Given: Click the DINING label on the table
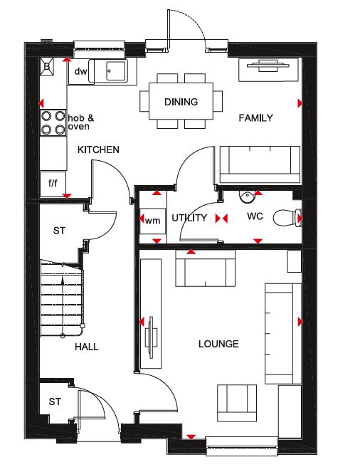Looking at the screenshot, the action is point(181,102).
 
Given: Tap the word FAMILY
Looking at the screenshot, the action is point(255,117).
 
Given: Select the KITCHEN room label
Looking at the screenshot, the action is point(98,150).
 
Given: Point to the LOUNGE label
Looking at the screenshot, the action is point(218,344).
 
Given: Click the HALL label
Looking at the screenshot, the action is point(87,347).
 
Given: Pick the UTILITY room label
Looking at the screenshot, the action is point(189,218).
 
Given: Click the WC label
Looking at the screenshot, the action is point(255,216).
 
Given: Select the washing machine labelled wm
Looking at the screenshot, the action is point(152,221).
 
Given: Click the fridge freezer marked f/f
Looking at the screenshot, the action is point(53,184).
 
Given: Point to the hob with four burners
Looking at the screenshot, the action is point(53,123).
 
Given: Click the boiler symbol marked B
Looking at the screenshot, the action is point(47,66).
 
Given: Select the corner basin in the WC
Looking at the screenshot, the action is point(247,196).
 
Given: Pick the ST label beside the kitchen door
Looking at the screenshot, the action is point(59,231).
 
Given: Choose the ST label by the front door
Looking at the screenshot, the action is point(55,402).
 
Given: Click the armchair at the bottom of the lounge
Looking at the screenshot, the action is point(237,403).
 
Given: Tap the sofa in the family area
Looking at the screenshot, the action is point(260,164).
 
